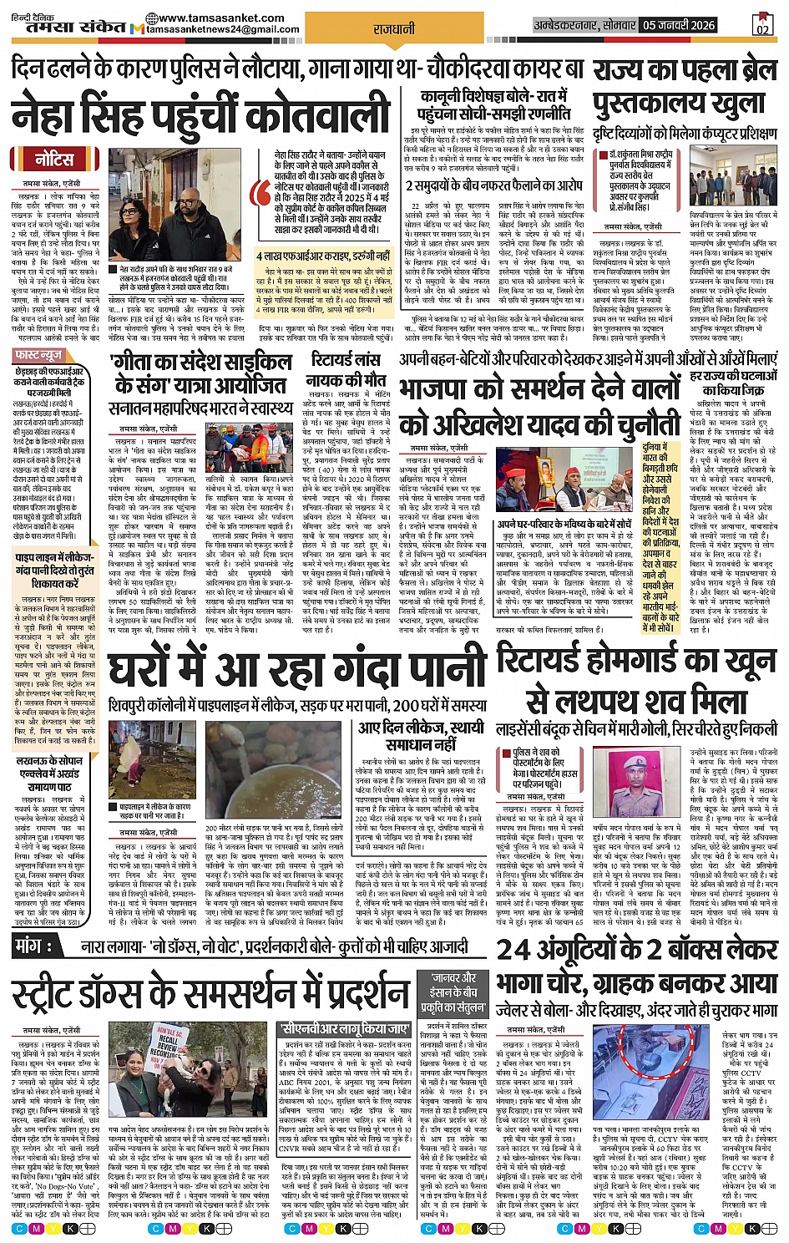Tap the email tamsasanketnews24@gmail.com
[x=224, y=30]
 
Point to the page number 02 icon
[x=762, y=25]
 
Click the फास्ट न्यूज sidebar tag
[x=39, y=356]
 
